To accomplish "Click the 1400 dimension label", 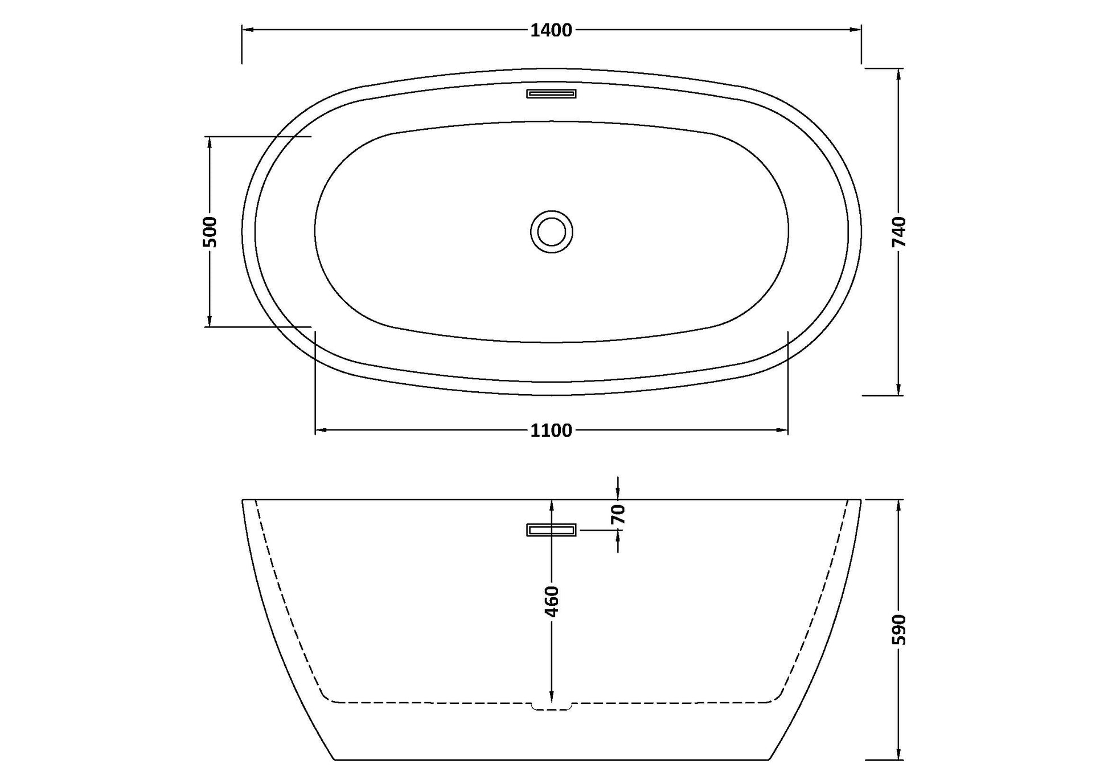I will pos(551,30).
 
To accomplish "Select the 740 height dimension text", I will pos(898,232).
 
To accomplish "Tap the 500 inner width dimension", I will pos(210,232).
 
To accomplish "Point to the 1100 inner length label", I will pos(551,431).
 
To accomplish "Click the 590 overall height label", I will pos(898,629).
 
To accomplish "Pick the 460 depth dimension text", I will pos(551,601).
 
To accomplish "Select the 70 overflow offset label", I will pos(618,514).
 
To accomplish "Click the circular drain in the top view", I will pos(551,232).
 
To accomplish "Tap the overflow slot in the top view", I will pos(551,93).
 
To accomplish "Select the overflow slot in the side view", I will pos(551,530).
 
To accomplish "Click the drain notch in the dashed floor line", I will pos(551,707).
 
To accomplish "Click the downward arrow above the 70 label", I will pos(618,494).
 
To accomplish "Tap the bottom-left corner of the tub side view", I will pos(334,759).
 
